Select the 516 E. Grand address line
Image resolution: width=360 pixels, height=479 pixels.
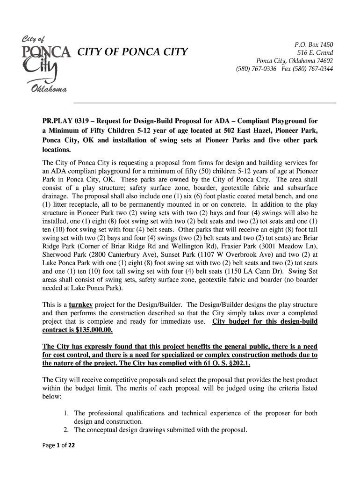point(316,53)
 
